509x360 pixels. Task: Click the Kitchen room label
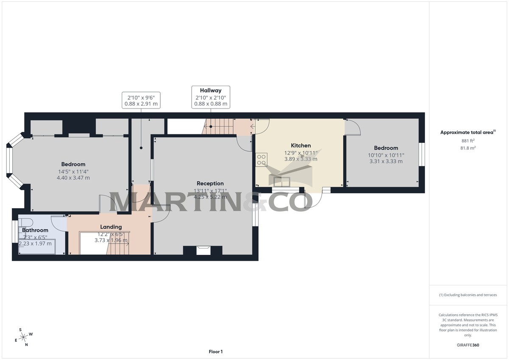click(x=301, y=145)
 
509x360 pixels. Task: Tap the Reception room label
click(x=210, y=184)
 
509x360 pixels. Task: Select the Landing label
click(x=111, y=227)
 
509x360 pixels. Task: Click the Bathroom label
click(x=35, y=230)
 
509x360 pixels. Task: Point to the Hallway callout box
click(x=211, y=97)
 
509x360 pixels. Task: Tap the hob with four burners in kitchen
click(x=261, y=159)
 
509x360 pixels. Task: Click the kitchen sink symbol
click(x=282, y=181)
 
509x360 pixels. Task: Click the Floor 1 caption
click(x=215, y=352)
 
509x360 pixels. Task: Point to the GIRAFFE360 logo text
click(x=468, y=345)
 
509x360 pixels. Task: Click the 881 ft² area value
click(x=467, y=141)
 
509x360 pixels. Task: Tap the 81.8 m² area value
click(x=467, y=148)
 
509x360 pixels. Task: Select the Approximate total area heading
click(x=467, y=133)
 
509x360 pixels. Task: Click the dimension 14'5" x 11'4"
click(x=73, y=172)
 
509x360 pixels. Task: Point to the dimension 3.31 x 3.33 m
click(x=385, y=161)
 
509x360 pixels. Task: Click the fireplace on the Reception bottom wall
click(x=203, y=250)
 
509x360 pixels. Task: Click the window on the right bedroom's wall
click(x=422, y=154)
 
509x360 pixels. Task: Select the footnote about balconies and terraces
click(x=467, y=295)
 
